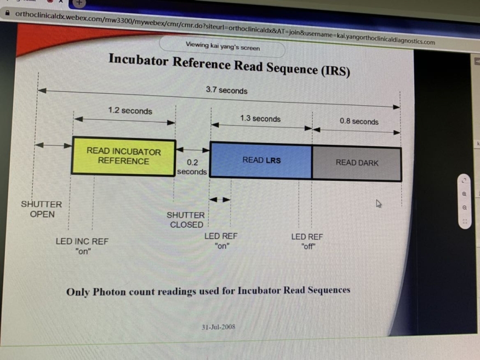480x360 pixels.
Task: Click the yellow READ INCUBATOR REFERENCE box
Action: point(124,156)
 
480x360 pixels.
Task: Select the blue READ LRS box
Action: point(261,160)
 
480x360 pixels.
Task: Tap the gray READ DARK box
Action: point(357,163)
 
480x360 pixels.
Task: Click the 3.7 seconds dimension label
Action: point(226,90)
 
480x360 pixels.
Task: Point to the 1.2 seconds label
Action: point(130,110)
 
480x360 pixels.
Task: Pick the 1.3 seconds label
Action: point(260,118)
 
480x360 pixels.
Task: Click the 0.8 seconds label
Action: point(359,121)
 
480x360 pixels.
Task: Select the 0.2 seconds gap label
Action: point(192,167)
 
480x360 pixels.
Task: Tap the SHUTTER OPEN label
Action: point(42,209)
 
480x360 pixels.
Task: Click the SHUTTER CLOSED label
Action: point(186,220)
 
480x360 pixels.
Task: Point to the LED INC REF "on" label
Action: point(82,246)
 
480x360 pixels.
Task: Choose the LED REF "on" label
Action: point(221,241)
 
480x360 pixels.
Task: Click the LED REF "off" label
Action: point(307,242)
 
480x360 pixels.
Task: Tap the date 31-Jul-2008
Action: point(218,327)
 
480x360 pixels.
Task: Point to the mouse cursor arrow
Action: point(378,203)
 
